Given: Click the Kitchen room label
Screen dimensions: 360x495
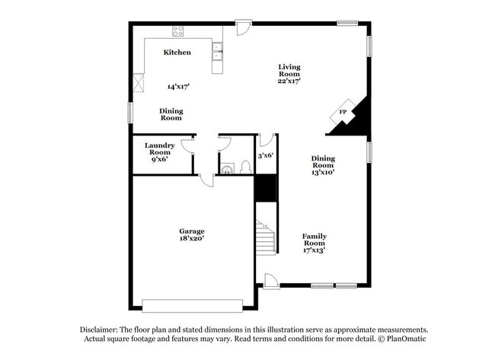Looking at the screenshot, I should tap(177, 53).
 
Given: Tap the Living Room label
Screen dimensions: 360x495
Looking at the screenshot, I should tap(289, 71).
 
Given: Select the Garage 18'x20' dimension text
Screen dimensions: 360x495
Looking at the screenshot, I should tap(192, 239).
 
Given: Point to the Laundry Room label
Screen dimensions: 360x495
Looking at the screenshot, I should tap(160, 148).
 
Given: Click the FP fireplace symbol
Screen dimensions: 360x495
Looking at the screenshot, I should tap(343, 113).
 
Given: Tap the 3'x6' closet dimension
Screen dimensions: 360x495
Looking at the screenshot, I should tap(265, 155).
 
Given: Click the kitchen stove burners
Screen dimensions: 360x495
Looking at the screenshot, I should tap(178, 31).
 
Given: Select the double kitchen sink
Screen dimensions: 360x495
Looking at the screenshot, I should tap(217, 50).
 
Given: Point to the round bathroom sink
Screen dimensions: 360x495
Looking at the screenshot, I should tap(227, 168).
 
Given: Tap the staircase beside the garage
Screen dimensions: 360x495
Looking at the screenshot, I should tap(265, 237).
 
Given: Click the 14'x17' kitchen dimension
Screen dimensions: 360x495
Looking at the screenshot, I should tap(177, 87).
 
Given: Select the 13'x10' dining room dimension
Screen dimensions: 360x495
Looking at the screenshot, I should tap(323, 172).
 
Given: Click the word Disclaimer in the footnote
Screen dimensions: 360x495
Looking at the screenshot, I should tap(101, 330).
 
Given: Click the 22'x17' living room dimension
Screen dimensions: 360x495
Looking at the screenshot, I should tap(289, 80).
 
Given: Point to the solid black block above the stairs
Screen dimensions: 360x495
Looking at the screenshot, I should tap(264, 188).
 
